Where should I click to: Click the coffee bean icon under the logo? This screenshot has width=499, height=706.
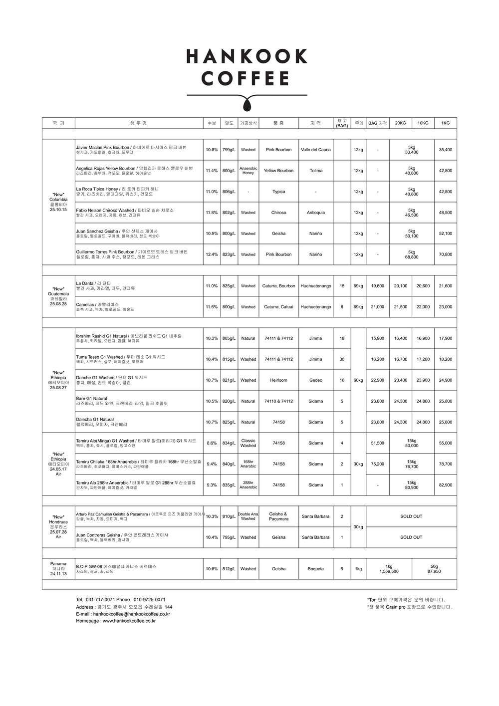click(247, 105)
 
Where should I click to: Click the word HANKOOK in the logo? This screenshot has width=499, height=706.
click(247, 56)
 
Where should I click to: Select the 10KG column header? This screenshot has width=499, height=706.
click(423, 123)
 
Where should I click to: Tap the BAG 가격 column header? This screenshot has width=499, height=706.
click(377, 123)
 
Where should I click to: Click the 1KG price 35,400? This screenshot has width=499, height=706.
click(445, 150)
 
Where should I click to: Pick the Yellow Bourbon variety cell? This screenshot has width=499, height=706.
click(278, 171)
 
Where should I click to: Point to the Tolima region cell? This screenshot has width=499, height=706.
click(315, 171)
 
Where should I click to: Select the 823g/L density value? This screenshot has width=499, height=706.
click(229, 254)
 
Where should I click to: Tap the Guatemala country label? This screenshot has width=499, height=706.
click(58, 294)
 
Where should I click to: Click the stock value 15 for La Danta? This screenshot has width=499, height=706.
click(342, 286)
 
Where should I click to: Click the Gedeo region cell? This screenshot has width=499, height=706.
click(315, 380)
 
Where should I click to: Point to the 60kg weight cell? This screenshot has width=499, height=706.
click(358, 380)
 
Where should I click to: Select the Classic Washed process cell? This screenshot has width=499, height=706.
click(248, 443)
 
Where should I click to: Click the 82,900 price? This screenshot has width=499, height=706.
click(445, 485)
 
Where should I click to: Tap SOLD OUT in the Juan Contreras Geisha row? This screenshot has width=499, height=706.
click(411, 537)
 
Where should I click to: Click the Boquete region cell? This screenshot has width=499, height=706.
click(315, 569)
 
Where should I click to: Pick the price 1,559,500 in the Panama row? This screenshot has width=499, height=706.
click(389, 571)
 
